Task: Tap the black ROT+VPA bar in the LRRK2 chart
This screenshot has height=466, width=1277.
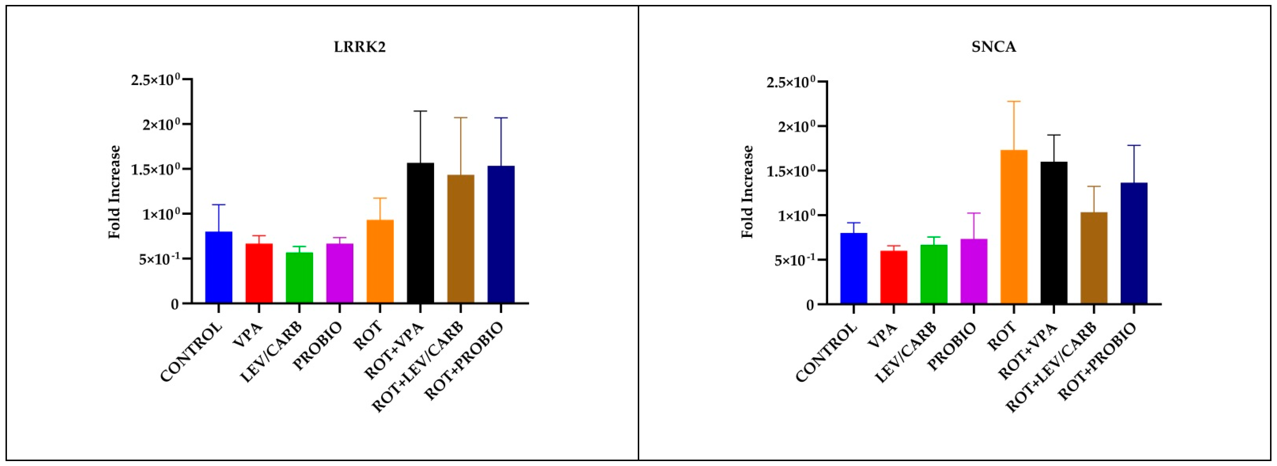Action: pos(420,233)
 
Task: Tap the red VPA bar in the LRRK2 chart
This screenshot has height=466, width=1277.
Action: pos(259,273)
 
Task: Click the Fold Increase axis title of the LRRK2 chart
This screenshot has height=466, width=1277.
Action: pos(115,192)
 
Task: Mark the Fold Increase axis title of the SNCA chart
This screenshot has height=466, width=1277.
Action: pos(747,192)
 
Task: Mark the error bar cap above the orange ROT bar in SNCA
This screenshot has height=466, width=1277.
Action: pos(1014,101)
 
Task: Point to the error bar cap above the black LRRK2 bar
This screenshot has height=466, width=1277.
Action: pos(420,111)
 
